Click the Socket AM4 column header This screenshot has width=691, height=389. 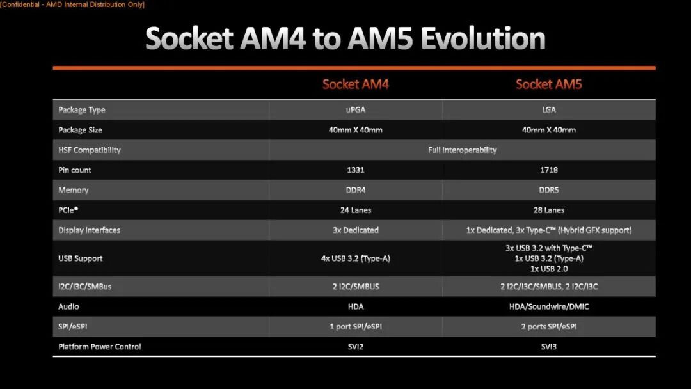355,84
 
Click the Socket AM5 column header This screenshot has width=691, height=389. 548,84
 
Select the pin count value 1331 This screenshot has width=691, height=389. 355,170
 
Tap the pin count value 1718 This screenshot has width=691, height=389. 548,170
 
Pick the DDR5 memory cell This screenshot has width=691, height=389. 548,190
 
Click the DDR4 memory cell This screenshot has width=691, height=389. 355,190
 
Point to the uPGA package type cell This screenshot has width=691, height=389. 355,110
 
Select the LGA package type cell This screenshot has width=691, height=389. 548,110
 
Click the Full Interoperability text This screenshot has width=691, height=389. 462,150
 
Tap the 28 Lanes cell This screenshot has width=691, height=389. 548,210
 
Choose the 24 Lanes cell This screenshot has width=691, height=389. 355,210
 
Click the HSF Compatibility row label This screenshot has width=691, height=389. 90,150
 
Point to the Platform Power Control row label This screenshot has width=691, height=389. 100,347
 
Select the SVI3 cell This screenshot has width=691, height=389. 548,347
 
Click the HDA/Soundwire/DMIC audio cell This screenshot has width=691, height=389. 548,306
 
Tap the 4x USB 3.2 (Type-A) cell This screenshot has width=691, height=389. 355,258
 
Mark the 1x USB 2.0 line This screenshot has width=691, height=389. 548,269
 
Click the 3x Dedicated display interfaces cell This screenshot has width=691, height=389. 355,230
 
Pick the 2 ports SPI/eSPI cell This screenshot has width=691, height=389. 548,326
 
